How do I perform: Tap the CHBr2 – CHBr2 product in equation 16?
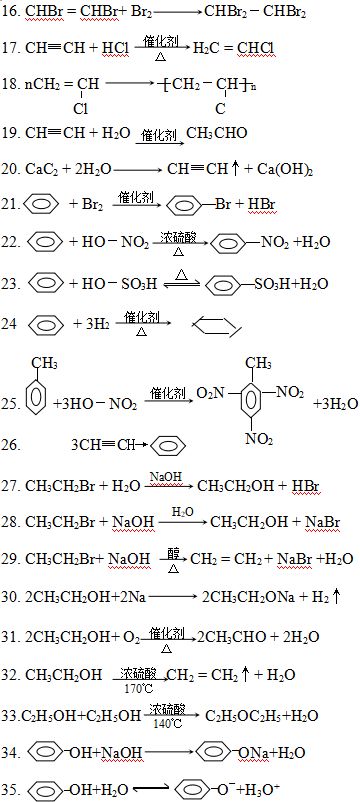255,12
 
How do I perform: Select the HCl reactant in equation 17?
115,48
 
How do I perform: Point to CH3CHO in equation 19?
217,133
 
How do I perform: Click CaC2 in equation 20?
40,170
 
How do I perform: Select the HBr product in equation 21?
262,205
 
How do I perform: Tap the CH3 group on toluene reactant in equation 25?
44,363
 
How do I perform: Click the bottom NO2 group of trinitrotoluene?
259,438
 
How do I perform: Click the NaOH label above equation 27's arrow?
166,477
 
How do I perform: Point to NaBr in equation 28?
322,522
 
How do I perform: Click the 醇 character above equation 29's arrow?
172,553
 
